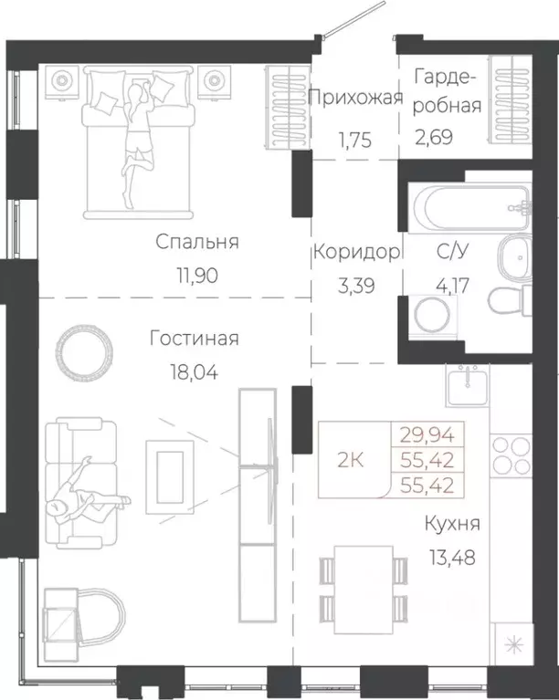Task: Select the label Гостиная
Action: point(195,340)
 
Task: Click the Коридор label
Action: point(356,253)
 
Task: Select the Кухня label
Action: point(452,524)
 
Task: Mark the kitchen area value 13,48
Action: point(452,555)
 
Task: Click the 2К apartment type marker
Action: point(351,459)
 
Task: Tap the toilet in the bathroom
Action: point(507,299)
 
